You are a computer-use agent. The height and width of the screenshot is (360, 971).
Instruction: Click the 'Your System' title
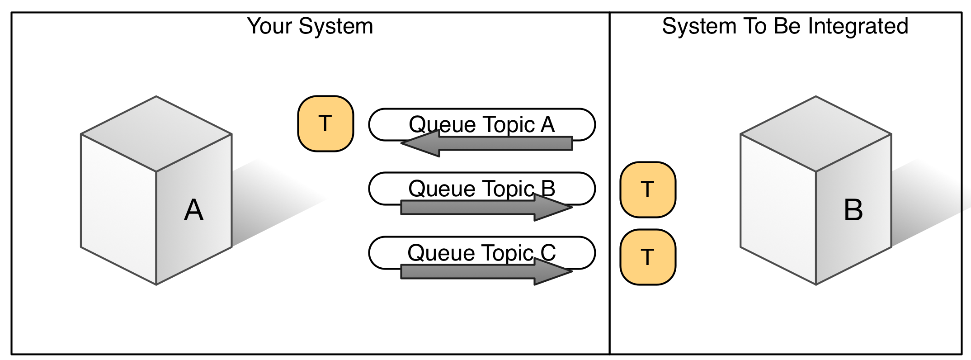[x=310, y=26]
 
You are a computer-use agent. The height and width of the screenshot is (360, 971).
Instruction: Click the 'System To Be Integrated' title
[x=785, y=26]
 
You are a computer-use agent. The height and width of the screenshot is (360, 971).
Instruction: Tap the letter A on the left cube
[x=193, y=210]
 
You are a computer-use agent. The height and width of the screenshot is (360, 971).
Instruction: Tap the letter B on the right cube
[x=853, y=210]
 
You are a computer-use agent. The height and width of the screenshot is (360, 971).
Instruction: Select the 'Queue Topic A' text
[x=481, y=124]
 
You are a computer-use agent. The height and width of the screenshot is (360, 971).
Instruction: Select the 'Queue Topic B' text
[x=481, y=189]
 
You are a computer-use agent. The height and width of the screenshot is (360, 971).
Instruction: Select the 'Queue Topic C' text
[x=481, y=253]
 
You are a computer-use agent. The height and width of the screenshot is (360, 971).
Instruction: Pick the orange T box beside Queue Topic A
[x=325, y=123]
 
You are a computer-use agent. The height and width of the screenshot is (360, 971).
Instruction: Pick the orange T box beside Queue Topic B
[x=648, y=189]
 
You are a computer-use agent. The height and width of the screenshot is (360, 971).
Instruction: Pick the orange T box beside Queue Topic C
[x=648, y=257]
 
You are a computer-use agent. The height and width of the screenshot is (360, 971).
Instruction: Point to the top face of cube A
[x=156, y=133]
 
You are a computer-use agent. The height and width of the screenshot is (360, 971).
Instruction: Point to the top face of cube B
[x=815, y=133]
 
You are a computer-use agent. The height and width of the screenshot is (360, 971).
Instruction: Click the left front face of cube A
[x=118, y=209]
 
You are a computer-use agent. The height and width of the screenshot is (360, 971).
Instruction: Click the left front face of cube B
[x=778, y=209]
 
